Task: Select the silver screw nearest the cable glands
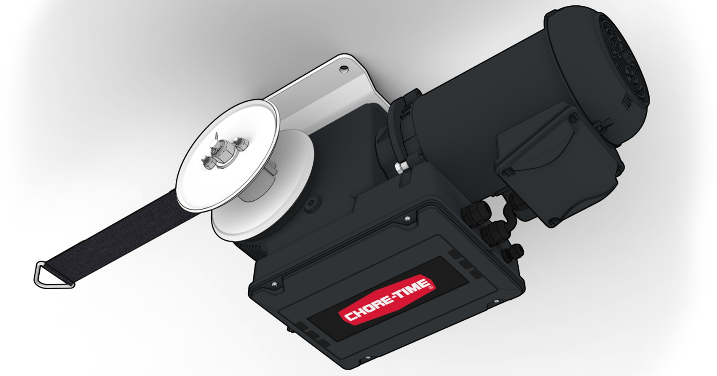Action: pyautogui.click(x=407, y=219)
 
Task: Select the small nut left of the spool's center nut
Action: pyautogui.click(x=207, y=162)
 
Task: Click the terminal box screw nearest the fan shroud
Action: pyautogui.click(x=573, y=118)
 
